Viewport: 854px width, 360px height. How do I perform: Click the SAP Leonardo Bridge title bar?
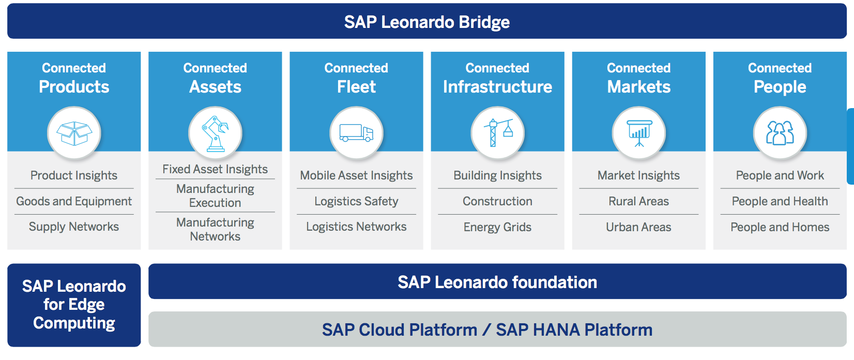(426, 22)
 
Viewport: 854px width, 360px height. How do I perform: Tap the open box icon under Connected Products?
(74, 133)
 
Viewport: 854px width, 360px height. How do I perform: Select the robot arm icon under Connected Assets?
(215, 133)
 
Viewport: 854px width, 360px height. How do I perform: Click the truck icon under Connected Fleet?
(356, 133)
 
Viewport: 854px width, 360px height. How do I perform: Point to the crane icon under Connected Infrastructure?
(497, 133)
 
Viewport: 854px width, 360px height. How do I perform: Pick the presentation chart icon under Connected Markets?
(639, 133)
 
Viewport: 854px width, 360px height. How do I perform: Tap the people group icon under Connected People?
(780, 133)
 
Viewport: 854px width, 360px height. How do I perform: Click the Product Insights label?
(74, 175)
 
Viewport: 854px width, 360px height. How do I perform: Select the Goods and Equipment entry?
(74, 201)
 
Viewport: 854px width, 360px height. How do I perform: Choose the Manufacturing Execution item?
(215, 196)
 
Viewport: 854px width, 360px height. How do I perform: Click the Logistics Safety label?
(356, 201)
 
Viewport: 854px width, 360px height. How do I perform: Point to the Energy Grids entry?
(497, 227)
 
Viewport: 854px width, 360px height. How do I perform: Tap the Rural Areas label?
(638, 201)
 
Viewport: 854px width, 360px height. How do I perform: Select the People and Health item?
(780, 201)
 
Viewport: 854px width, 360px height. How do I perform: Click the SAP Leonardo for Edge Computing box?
(74, 305)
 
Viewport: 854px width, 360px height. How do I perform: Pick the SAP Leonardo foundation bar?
(497, 282)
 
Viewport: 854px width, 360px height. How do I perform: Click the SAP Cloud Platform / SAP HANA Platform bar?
(497, 329)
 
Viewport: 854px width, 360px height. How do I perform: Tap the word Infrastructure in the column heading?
(497, 87)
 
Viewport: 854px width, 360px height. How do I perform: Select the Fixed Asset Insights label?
(215, 169)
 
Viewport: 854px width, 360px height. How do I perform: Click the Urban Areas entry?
(638, 227)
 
